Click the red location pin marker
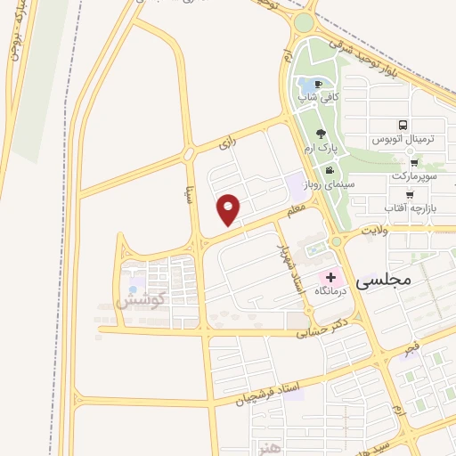pyautogui.click(x=231, y=209)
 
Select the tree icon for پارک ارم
pyautogui.click(x=322, y=133)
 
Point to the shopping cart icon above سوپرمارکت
pyautogui.click(x=415, y=163)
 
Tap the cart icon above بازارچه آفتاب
pyautogui.click(x=410, y=194)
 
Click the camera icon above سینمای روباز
pyautogui.click(x=330, y=170)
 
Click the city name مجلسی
pyautogui.click(x=384, y=281)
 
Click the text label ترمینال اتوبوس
pyautogui.click(x=403, y=141)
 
